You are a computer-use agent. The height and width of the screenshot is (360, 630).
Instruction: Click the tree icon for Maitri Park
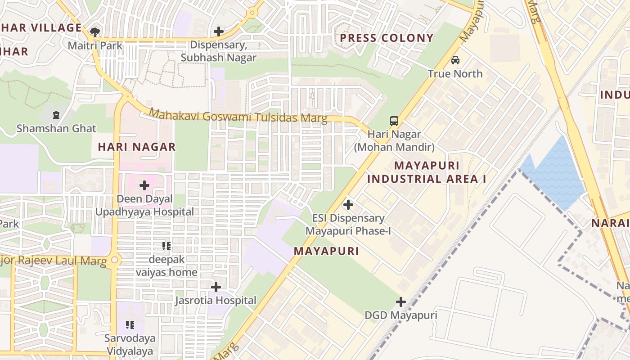(95, 31)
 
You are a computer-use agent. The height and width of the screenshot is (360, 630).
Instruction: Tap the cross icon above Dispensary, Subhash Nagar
(219, 31)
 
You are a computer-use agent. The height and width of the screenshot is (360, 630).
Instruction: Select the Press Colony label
(387, 38)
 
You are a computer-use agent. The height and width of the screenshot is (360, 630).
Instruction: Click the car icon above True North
(455, 60)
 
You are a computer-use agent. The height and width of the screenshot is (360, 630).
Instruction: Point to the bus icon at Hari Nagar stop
(394, 121)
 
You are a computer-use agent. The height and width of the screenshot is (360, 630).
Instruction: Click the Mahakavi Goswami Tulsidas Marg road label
(238, 116)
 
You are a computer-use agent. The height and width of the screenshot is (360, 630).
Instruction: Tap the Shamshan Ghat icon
(56, 115)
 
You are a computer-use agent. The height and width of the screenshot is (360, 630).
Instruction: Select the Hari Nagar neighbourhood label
(137, 147)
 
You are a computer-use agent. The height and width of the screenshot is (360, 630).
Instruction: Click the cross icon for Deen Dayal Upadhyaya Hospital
(144, 185)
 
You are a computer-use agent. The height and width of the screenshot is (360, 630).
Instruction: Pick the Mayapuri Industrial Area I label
(427, 172)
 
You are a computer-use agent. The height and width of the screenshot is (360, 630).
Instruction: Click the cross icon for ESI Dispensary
(348, 205)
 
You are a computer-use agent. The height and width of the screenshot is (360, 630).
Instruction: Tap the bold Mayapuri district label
(326, 251)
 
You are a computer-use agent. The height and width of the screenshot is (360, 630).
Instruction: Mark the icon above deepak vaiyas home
(166, 246)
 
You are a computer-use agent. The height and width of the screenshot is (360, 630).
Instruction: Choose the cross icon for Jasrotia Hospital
(216, 287)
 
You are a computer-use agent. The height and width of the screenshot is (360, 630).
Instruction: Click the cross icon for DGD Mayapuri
(401, 302)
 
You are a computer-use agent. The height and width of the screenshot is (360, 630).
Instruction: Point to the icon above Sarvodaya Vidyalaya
(130, 325)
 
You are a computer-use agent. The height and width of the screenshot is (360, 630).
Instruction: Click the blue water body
(556, 175)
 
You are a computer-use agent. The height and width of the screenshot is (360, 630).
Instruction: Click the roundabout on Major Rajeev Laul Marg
(115, 260)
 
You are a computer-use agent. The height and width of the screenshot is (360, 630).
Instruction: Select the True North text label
(455, 74)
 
